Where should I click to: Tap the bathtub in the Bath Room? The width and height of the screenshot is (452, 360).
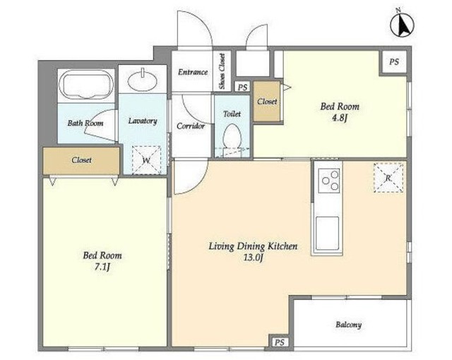[86, 85]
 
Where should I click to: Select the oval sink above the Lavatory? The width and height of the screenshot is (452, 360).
[143, 80]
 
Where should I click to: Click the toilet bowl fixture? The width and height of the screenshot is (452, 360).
[232, 137]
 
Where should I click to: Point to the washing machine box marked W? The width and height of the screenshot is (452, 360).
[146, 160]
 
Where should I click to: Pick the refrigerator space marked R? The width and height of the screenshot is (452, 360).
[388, 178]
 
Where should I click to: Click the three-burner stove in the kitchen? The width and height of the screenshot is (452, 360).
[329, 181]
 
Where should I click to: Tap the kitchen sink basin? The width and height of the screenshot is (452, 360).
[327, 233]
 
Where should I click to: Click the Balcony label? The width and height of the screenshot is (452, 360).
[348, 325]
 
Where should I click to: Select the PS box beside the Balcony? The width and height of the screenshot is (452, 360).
[280, 342]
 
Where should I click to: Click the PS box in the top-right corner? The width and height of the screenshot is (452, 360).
[394, 61]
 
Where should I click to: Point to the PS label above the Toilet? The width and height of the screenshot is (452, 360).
[243, 87]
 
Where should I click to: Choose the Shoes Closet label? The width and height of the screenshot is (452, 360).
[222, 71]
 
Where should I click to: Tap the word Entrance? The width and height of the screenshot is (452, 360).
[193, 72]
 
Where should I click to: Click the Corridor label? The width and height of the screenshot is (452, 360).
[191, 126]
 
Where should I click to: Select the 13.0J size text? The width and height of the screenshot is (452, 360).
[253, 258]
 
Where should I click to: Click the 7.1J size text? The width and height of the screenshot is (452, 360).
[102, 268]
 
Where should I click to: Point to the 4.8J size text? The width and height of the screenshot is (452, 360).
[340, 118]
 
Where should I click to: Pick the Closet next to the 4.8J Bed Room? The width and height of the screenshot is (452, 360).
[267, 102]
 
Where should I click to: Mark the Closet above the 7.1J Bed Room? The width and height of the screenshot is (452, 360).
[81, 160]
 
